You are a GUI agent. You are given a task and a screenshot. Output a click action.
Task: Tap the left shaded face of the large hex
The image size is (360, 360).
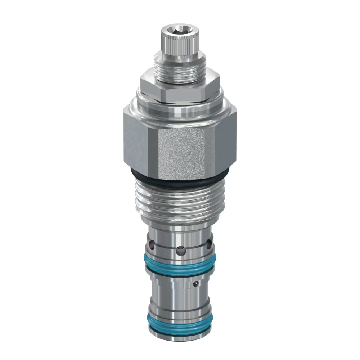(135, 144)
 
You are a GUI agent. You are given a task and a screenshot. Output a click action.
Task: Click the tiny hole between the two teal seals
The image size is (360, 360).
(196, 284)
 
